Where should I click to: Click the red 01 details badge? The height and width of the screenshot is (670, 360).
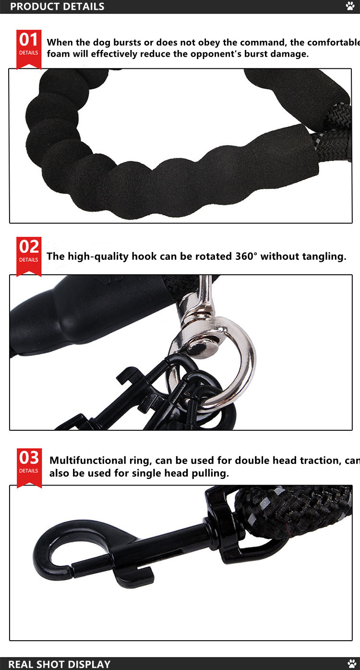point(29,48)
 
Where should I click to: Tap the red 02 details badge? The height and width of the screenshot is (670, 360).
point(29,255)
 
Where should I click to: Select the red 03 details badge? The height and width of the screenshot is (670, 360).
point(29,466)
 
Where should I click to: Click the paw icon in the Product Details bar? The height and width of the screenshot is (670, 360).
point(350,6)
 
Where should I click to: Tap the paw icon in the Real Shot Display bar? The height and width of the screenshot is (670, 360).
point(351,664)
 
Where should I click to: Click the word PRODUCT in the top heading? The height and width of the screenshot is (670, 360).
point(32,7)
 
